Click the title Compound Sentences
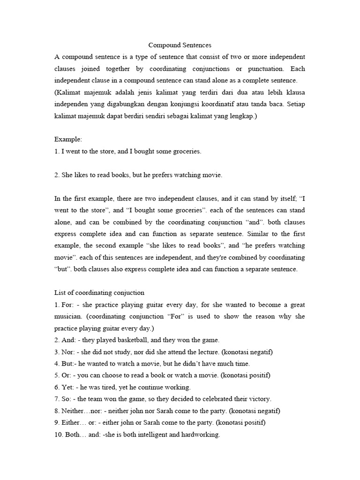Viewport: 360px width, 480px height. (x=180, y=45)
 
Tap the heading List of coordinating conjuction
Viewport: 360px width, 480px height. (x=99, y=292)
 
